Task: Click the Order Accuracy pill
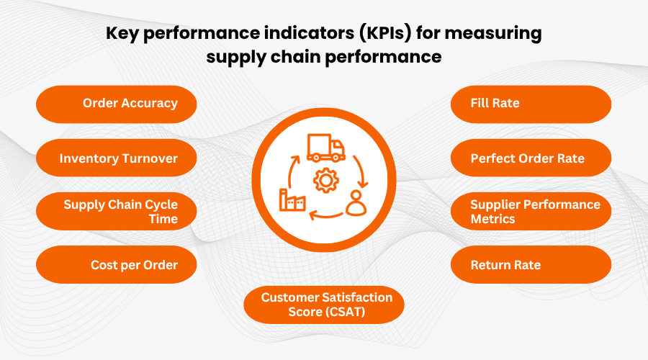coord(116,104)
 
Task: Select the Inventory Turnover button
coord(116,158)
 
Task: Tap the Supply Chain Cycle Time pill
coord(116,211)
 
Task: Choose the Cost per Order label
coord(116,264)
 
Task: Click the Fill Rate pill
coord(531,104)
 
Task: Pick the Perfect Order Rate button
coord(531,158)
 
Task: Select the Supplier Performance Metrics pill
coord(531,211)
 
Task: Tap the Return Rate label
coord(531,264)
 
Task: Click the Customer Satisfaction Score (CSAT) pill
coord(324,305)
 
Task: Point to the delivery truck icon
coord(325,148)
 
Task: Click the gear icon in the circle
coord(326,181)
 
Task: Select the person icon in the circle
coord(356,203)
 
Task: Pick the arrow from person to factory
coord(325,215)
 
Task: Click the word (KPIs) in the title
coord(385,33)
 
